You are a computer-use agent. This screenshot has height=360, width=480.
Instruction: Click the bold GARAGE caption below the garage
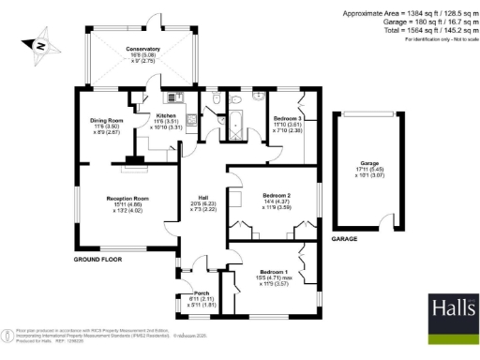pos(346,239)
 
